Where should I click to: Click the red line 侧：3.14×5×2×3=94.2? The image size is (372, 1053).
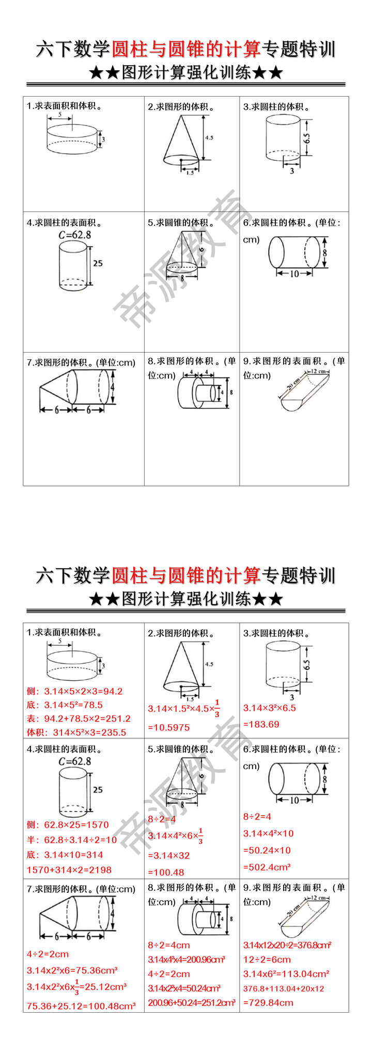point(74,691)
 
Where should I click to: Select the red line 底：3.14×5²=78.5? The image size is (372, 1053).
point(65,705)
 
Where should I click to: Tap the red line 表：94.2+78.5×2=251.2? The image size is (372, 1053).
point(79,719)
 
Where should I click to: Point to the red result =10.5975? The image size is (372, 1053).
point(169,727)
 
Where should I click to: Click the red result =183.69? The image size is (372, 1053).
point(261,724)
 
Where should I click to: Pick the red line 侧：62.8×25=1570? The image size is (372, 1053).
point(68,825)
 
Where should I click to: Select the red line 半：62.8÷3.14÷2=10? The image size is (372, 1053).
point(72,840)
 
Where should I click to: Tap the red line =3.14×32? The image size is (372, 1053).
point(169,856)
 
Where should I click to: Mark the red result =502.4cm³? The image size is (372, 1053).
point(267,867)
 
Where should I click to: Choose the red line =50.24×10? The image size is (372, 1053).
point(267,850)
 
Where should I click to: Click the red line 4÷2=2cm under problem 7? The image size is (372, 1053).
point(48,954)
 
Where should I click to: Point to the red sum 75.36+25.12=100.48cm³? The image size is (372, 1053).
point(81,1006)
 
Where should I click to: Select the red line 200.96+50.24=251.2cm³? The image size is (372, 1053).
point(192,1002)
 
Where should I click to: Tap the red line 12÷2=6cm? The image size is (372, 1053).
point(267,959)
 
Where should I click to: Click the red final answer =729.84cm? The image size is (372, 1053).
point(268,1002)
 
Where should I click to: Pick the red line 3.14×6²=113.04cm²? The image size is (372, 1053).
point(286,974)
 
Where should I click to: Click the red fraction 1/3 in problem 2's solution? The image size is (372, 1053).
point(217,708)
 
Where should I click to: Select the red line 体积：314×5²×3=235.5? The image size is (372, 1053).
point(76,732)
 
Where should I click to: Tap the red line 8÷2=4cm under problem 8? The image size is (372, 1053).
point(169,945)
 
